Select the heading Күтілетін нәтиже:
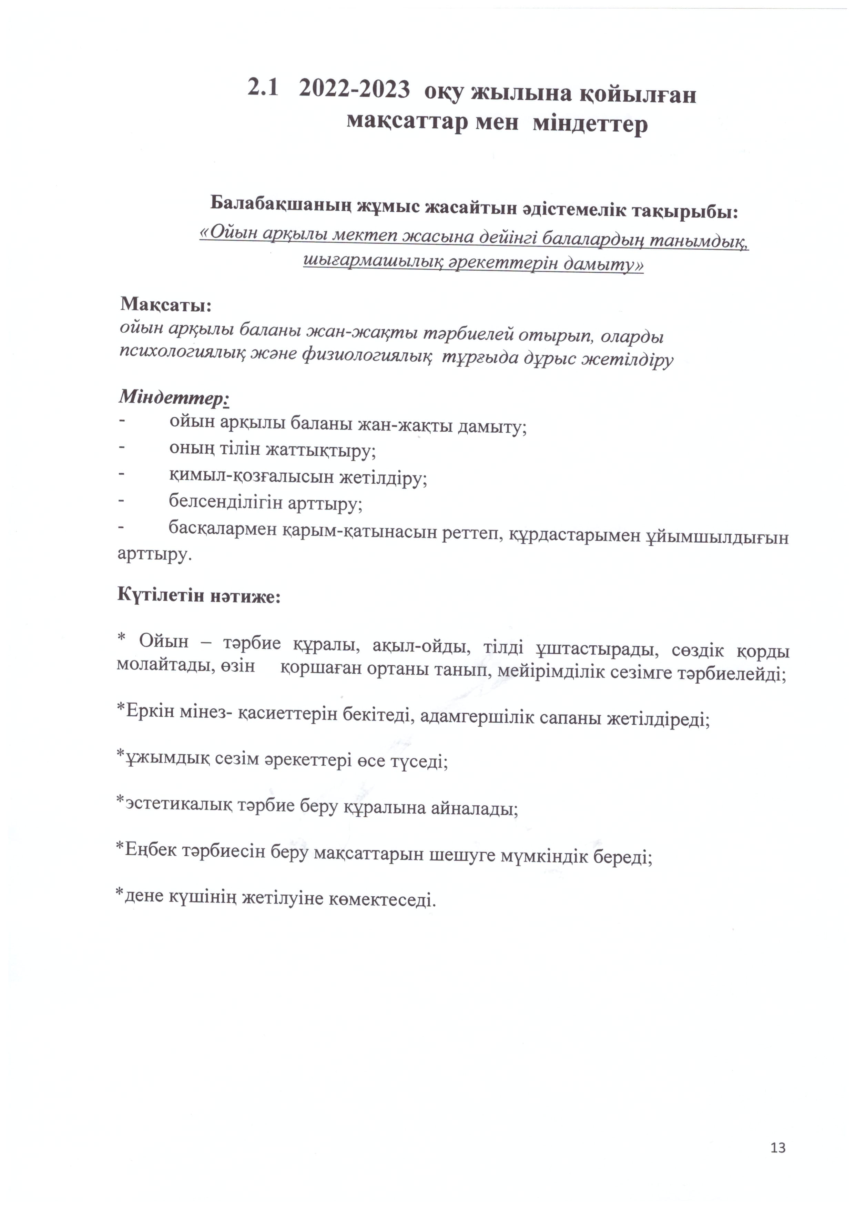[x=199, y=596]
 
